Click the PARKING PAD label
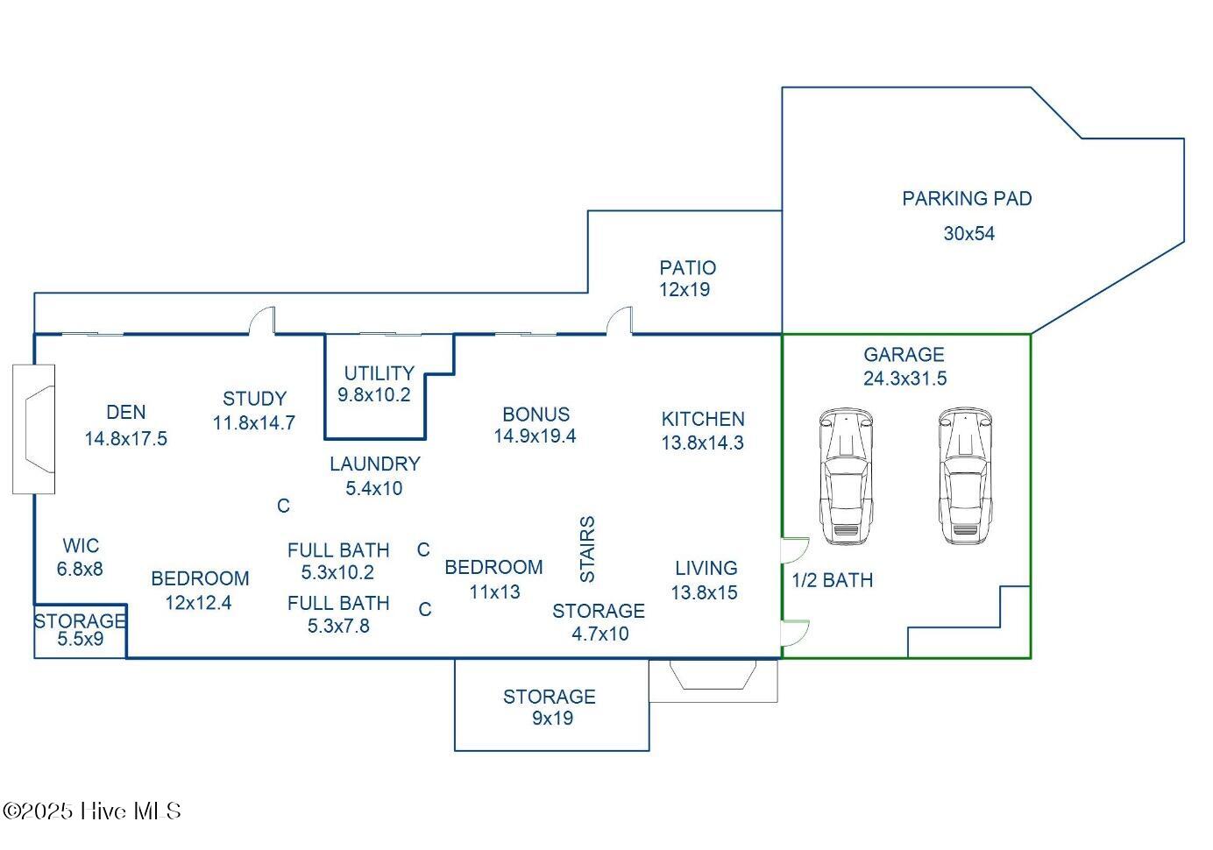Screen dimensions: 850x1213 [x=967, y=199]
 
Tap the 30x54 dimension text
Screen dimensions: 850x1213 [x=968, y=234]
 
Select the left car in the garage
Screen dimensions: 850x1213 [x=846, y=476]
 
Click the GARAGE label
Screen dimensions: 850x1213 [x=904, y=355]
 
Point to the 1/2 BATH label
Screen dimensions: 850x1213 [x=832, y=580]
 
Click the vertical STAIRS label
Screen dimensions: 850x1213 [x=587, y=549]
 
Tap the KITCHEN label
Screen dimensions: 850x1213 [x=703, y=420]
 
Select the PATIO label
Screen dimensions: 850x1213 [x=687, y=268]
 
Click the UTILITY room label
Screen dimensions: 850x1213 [x=379, y=373]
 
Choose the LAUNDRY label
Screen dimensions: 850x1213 [x=375, y=464]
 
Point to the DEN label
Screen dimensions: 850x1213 [x=126, y=413]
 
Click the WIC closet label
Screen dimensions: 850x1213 [x=81, y=546]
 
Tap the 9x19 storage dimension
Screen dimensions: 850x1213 [x=552, y=719]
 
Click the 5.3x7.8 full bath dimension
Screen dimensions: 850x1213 [x=338, y=626]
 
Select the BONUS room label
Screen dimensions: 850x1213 [x=536, y=414]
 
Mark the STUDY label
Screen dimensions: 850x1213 [x=254, y=400]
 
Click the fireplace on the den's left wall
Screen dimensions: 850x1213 [x=35, y=429]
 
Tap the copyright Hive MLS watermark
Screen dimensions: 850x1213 [x=92, y=811]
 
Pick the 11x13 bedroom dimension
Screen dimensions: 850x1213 [x=494, y=592]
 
